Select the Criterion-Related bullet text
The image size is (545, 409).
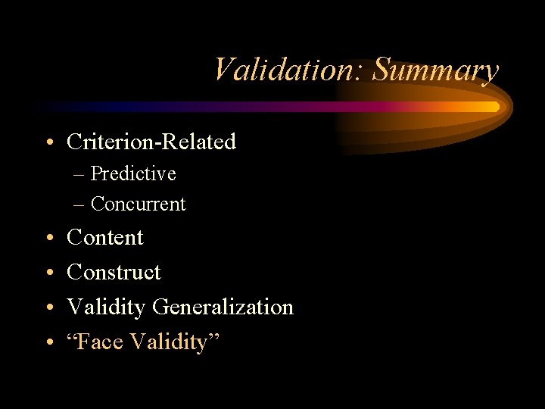pos(151,142)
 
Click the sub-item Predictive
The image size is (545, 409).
pos(133,174)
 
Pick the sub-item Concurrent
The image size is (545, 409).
pos(138,204)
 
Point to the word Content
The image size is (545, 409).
pos(105,238)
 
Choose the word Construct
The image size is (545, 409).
pos(114,272)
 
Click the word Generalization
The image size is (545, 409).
pos(223,308)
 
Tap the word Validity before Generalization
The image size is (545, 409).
pos(107,308)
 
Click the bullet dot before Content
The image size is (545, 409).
pos(48,239)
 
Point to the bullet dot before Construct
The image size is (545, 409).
pos(48,273)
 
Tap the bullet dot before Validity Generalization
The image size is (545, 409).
pos(48,308)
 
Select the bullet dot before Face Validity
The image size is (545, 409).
pos(48,343)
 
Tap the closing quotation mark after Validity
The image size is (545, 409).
pos(213,338)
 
